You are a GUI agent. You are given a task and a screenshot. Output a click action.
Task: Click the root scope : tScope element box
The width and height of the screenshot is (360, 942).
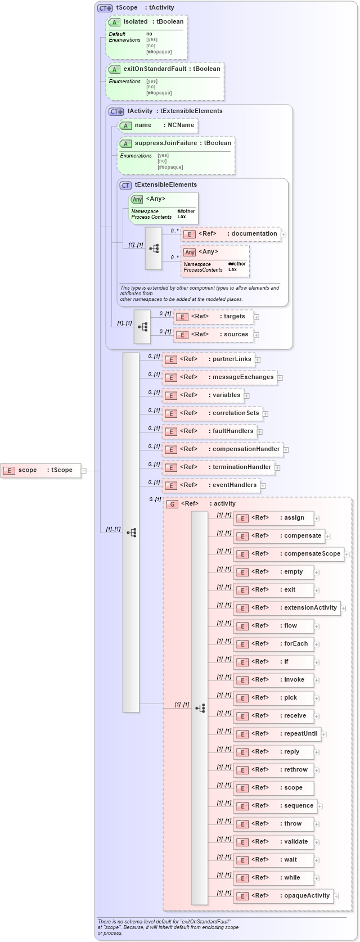coord(41,470)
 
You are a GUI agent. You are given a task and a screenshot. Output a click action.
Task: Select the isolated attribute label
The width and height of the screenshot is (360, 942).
coord(136,22)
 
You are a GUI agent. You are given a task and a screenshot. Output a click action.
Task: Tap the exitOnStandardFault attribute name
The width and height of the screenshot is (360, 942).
coord(155,69)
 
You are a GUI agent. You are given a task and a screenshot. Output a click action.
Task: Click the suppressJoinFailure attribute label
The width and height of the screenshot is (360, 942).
coord(165,143)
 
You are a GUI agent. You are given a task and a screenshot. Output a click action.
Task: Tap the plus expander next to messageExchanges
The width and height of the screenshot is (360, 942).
coord(280,378)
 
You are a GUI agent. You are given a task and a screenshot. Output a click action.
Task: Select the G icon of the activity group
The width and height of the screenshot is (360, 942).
coord(173,504)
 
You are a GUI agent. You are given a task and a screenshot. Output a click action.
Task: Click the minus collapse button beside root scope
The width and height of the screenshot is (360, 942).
coord(84,471)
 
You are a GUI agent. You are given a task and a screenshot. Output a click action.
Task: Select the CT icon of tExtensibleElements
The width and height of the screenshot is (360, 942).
coord(125,185)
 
